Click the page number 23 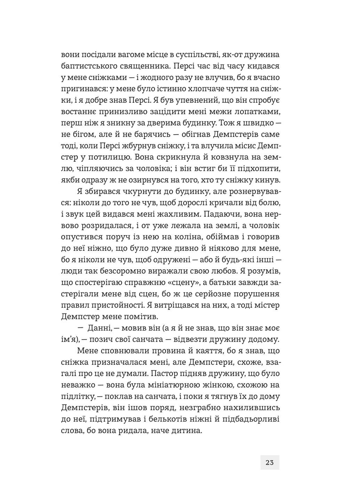pyautogui.click(x=270, y=462)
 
